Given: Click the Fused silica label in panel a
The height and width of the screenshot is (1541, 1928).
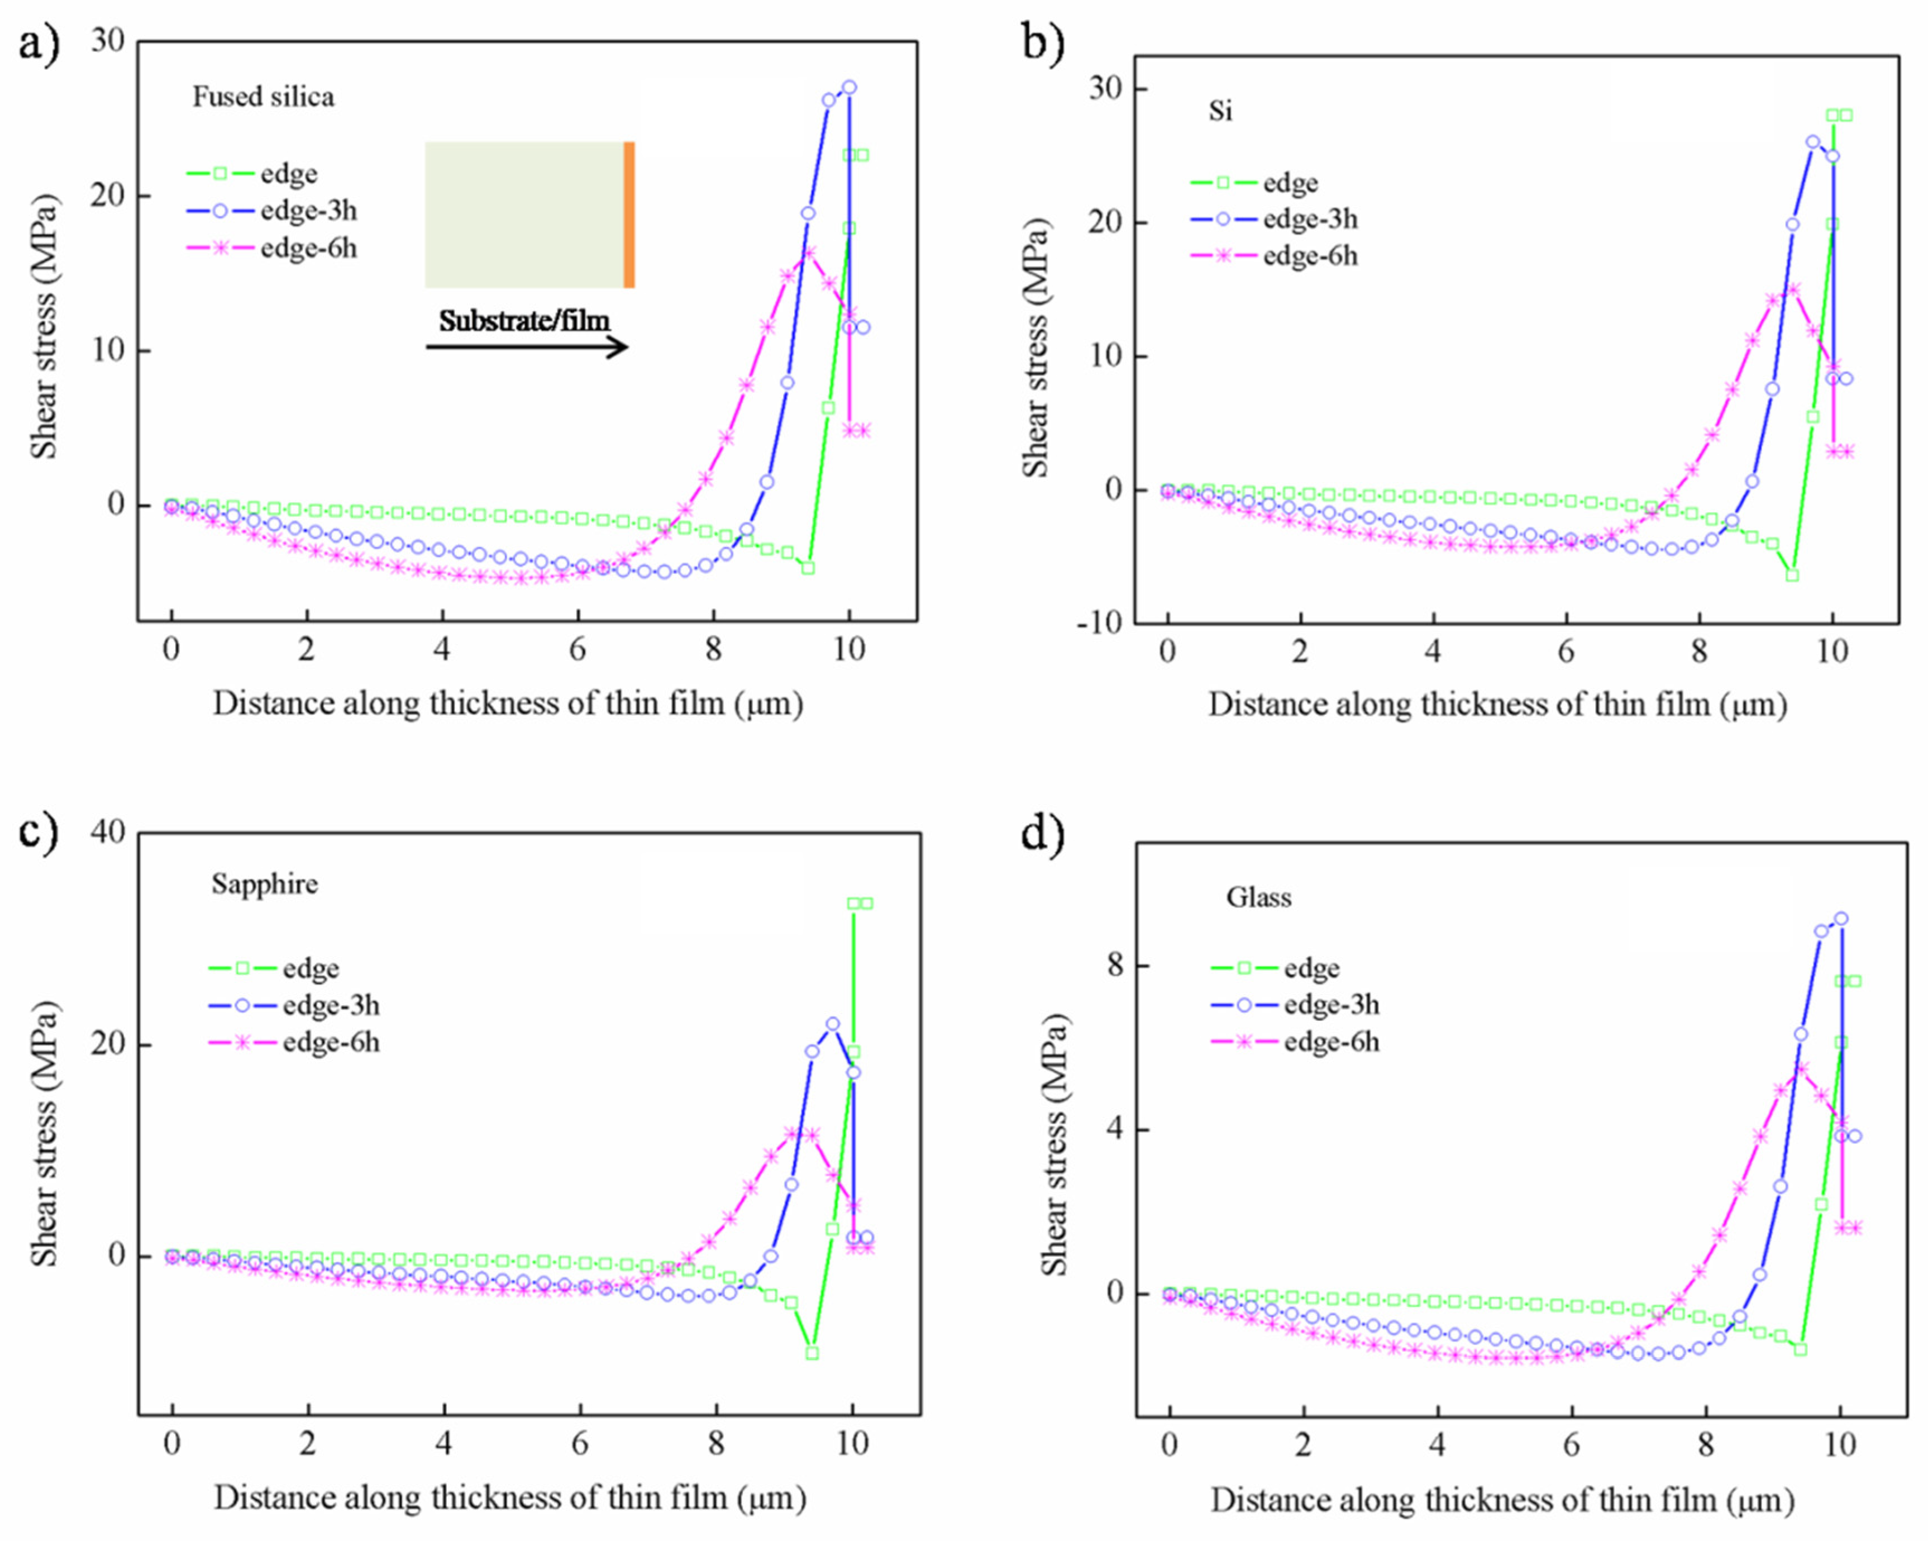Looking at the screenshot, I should tap(263, 97).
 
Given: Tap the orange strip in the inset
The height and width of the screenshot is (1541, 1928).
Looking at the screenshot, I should tap(629, 215).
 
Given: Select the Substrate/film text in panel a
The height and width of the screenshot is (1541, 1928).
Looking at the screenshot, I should tap(524, 320).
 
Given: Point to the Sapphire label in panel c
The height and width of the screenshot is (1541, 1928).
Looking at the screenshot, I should tap(265, 883).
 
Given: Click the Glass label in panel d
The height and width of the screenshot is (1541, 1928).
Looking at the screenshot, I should tap(1258, 897).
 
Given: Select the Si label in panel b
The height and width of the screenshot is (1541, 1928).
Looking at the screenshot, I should tap(1220, 111).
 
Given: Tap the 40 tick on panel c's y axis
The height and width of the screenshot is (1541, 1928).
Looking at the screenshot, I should tap(107, 832).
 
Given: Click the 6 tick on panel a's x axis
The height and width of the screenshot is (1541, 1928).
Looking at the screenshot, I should tap(578, 649).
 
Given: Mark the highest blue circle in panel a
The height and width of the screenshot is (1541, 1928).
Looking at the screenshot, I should tap(848, 87).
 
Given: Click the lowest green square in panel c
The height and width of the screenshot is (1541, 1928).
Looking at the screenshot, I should tap(812, 1353).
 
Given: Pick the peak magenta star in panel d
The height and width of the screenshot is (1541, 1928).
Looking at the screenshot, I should tap(1802, 1069).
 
